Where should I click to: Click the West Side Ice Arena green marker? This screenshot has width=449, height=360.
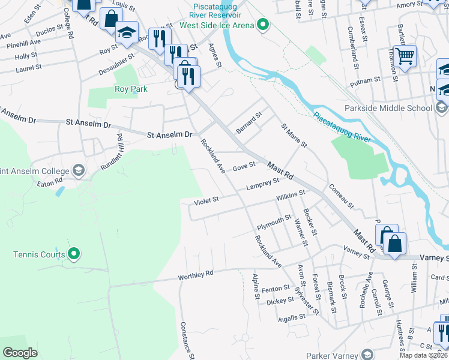pyautogui.click(x=262, y=25)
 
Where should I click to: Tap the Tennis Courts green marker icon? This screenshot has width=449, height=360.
pyautogui.click(x=74, y=254)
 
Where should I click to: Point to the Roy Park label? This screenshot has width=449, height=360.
pyautogui.click(x=131, y=89)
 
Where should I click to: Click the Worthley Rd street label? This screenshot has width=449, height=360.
pyautogui.click(x=196, y=275)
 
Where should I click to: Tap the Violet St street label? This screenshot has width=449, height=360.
pyautogui.click(x=206, y=200)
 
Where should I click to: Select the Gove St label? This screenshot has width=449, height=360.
pyautogui.click(x=244, y=166)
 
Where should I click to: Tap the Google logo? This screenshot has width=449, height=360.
pyautogui.click(x=20, y=353)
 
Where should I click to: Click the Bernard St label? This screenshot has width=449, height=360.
pyautogui.click(x=249, y=121)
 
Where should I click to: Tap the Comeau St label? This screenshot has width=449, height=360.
pyautogui.click(x=341, y=196)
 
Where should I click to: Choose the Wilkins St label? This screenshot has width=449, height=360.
pyautogui.click(x=291, y=196)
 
